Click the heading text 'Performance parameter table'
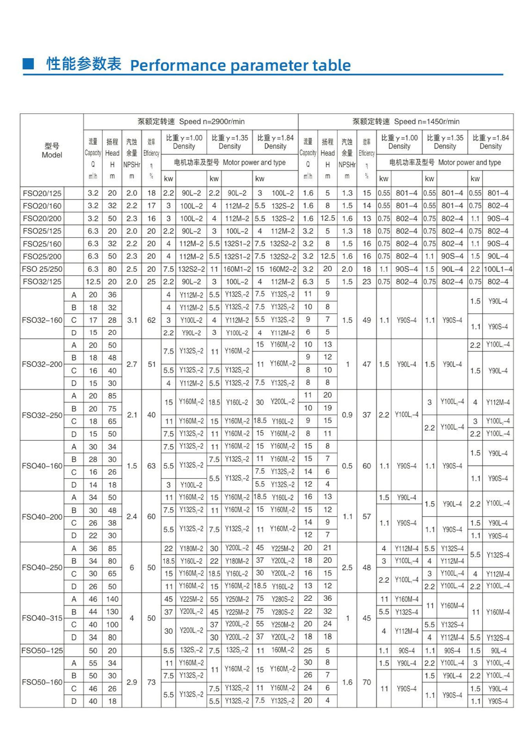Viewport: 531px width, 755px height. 240,65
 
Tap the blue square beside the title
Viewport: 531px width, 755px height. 28,63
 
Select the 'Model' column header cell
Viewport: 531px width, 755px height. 52,151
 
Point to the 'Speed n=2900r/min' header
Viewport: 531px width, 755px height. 191,122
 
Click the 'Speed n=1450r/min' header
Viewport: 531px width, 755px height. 406,122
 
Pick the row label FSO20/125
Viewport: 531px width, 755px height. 42,193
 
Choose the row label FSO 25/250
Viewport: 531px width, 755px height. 42,269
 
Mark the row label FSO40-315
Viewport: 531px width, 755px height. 42,618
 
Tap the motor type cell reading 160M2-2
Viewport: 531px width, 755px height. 282,269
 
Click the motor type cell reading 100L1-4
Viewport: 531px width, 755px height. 498,269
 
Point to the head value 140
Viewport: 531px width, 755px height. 112,599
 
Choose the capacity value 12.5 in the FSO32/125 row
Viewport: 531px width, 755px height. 93,282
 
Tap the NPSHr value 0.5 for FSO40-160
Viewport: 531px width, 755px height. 347,466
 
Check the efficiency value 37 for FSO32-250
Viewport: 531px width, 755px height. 367,415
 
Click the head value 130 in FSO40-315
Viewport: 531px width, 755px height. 112,612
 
